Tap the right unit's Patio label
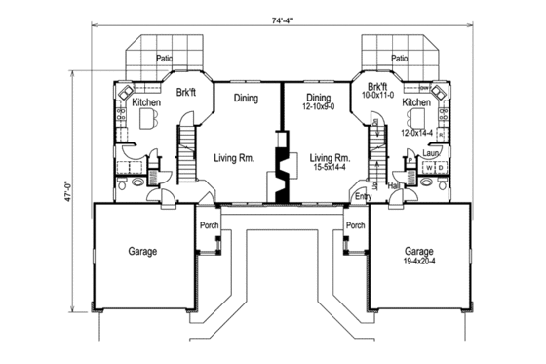click(x=399, y=59)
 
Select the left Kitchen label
click(x=146, y=101)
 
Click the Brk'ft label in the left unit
click(x=188, y=93)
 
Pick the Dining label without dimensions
click(x=247, y=98)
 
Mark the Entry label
click(x=363, y=196)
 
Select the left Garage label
click(x=142, y=251)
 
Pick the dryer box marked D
click(x=440, y=168)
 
